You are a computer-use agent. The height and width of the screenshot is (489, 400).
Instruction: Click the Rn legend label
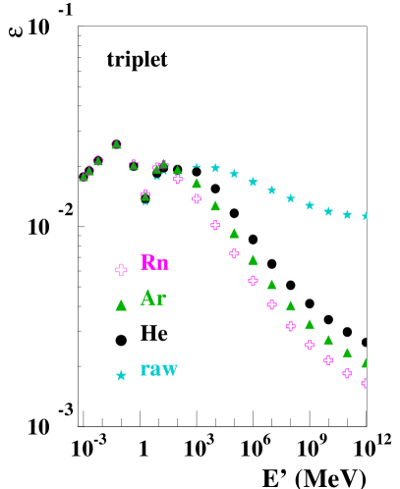pos(154,262)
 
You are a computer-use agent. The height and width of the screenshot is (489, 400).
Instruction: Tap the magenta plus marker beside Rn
pos(121,269)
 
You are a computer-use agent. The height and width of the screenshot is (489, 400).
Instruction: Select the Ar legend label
pos(152,298)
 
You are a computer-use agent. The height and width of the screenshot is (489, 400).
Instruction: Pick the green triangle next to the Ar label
pos(121,305)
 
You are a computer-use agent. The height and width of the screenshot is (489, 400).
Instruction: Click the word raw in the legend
pos(158,369)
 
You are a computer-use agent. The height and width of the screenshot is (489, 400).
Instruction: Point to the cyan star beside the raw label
pos(121,375)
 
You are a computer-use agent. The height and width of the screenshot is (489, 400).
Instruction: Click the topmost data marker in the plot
pos(116,143)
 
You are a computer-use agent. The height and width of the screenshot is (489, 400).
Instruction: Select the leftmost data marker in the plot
pos(84,177)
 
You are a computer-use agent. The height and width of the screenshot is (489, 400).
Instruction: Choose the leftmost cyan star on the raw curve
pos(197,166)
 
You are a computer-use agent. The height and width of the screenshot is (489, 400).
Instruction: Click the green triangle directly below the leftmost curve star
pos(197,183)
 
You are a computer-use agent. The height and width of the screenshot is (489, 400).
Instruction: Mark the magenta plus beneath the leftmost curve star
pos(197,199)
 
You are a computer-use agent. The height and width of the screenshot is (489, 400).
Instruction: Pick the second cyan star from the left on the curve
pos(215,168)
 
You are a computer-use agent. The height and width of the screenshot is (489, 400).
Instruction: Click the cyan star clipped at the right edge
pos(365,216)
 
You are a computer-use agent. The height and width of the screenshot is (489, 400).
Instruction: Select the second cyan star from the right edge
pos(347,214)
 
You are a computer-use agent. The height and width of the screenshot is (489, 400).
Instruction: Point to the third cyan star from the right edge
pos(328,211)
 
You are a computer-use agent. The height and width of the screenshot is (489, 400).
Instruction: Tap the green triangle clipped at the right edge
pos(365,362)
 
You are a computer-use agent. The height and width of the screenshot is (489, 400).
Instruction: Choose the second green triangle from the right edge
pos(347,353)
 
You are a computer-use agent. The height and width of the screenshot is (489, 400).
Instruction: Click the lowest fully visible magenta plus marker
pos(347,373)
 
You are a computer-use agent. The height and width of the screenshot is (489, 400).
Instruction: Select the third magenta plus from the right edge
pos(328,359)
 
